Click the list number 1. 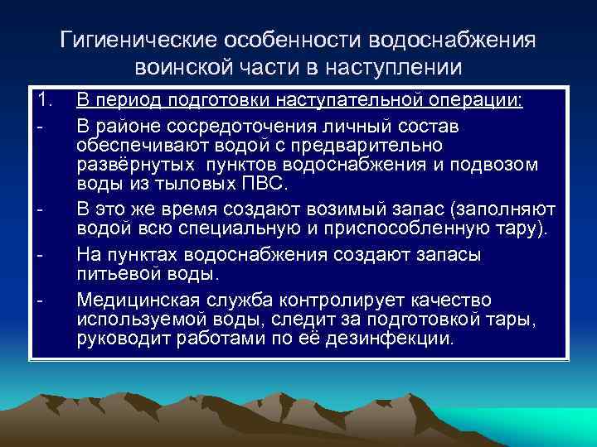42,102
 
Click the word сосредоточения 212,127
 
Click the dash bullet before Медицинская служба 39,299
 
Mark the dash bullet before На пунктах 39,254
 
